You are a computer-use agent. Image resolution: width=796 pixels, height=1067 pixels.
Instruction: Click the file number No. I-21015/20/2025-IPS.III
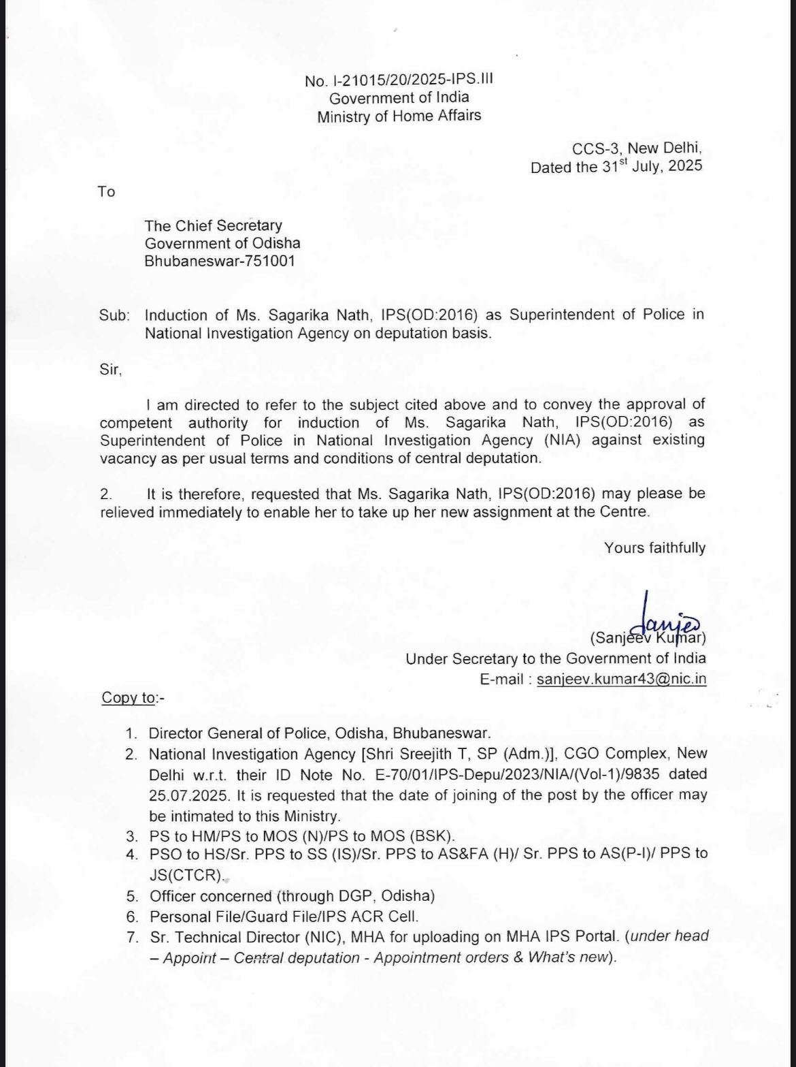tap(399, 80)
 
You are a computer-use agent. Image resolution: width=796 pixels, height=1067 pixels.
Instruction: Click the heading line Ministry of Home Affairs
tap(399, 116)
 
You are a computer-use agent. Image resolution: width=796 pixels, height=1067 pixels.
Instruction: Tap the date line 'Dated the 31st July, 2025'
tap(616, 166)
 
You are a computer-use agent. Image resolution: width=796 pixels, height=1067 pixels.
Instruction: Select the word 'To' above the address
tap(106, 191)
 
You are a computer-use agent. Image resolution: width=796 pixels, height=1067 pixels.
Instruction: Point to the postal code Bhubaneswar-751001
tap(219, 261)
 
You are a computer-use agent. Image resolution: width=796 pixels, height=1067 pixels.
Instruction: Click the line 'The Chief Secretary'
tap(213, 225)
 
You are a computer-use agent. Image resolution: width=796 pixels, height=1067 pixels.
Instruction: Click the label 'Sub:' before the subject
tap(114, 315)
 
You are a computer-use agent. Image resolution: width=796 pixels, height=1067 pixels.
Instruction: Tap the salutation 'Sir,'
tap(110, 370)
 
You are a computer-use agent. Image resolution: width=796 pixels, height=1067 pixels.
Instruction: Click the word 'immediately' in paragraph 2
tap(200, 511)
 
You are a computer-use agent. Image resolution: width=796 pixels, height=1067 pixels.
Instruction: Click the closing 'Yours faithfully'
tap(654, 548)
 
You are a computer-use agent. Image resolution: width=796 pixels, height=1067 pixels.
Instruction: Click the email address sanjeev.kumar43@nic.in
tap(621, 679)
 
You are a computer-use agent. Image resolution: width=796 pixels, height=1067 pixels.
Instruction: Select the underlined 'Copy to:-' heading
tap(133, 698)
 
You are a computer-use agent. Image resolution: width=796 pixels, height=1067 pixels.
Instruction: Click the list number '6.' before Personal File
tap(132, 917)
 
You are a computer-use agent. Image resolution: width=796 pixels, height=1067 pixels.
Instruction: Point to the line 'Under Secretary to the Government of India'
tap(555, 658)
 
